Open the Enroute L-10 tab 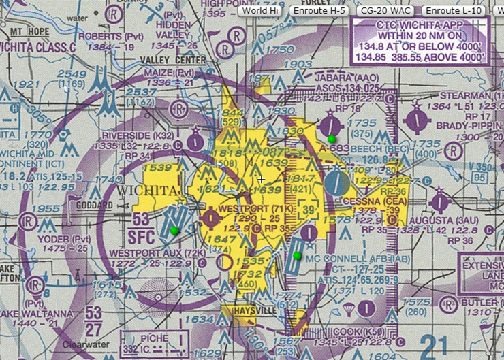(454, 10)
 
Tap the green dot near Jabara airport (331, 138)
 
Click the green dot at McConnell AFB (297, 255)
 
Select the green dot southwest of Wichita (174, 231)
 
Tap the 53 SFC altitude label (142, 227)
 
